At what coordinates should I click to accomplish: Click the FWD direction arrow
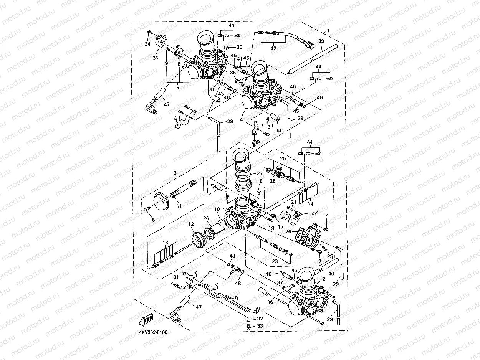pos(146,319)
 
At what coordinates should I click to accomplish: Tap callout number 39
pos(321,41)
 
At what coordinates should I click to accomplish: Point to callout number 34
pos(147,44)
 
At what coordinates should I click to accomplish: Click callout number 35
pos(155,58)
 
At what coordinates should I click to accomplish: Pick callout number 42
pos(273,49)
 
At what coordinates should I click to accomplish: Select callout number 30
pos(239,47)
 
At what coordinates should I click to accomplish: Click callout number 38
pos(278,130)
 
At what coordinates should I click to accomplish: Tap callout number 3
pos(175,173)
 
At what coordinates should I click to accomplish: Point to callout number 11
pos(179,206)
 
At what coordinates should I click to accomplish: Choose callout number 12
pos(191,224)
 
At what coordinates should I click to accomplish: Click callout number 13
pos(165,243)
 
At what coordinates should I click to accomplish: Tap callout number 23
pos(275,261)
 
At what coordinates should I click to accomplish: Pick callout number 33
pos(260,326)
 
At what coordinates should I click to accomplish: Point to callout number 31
pos(176,277)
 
